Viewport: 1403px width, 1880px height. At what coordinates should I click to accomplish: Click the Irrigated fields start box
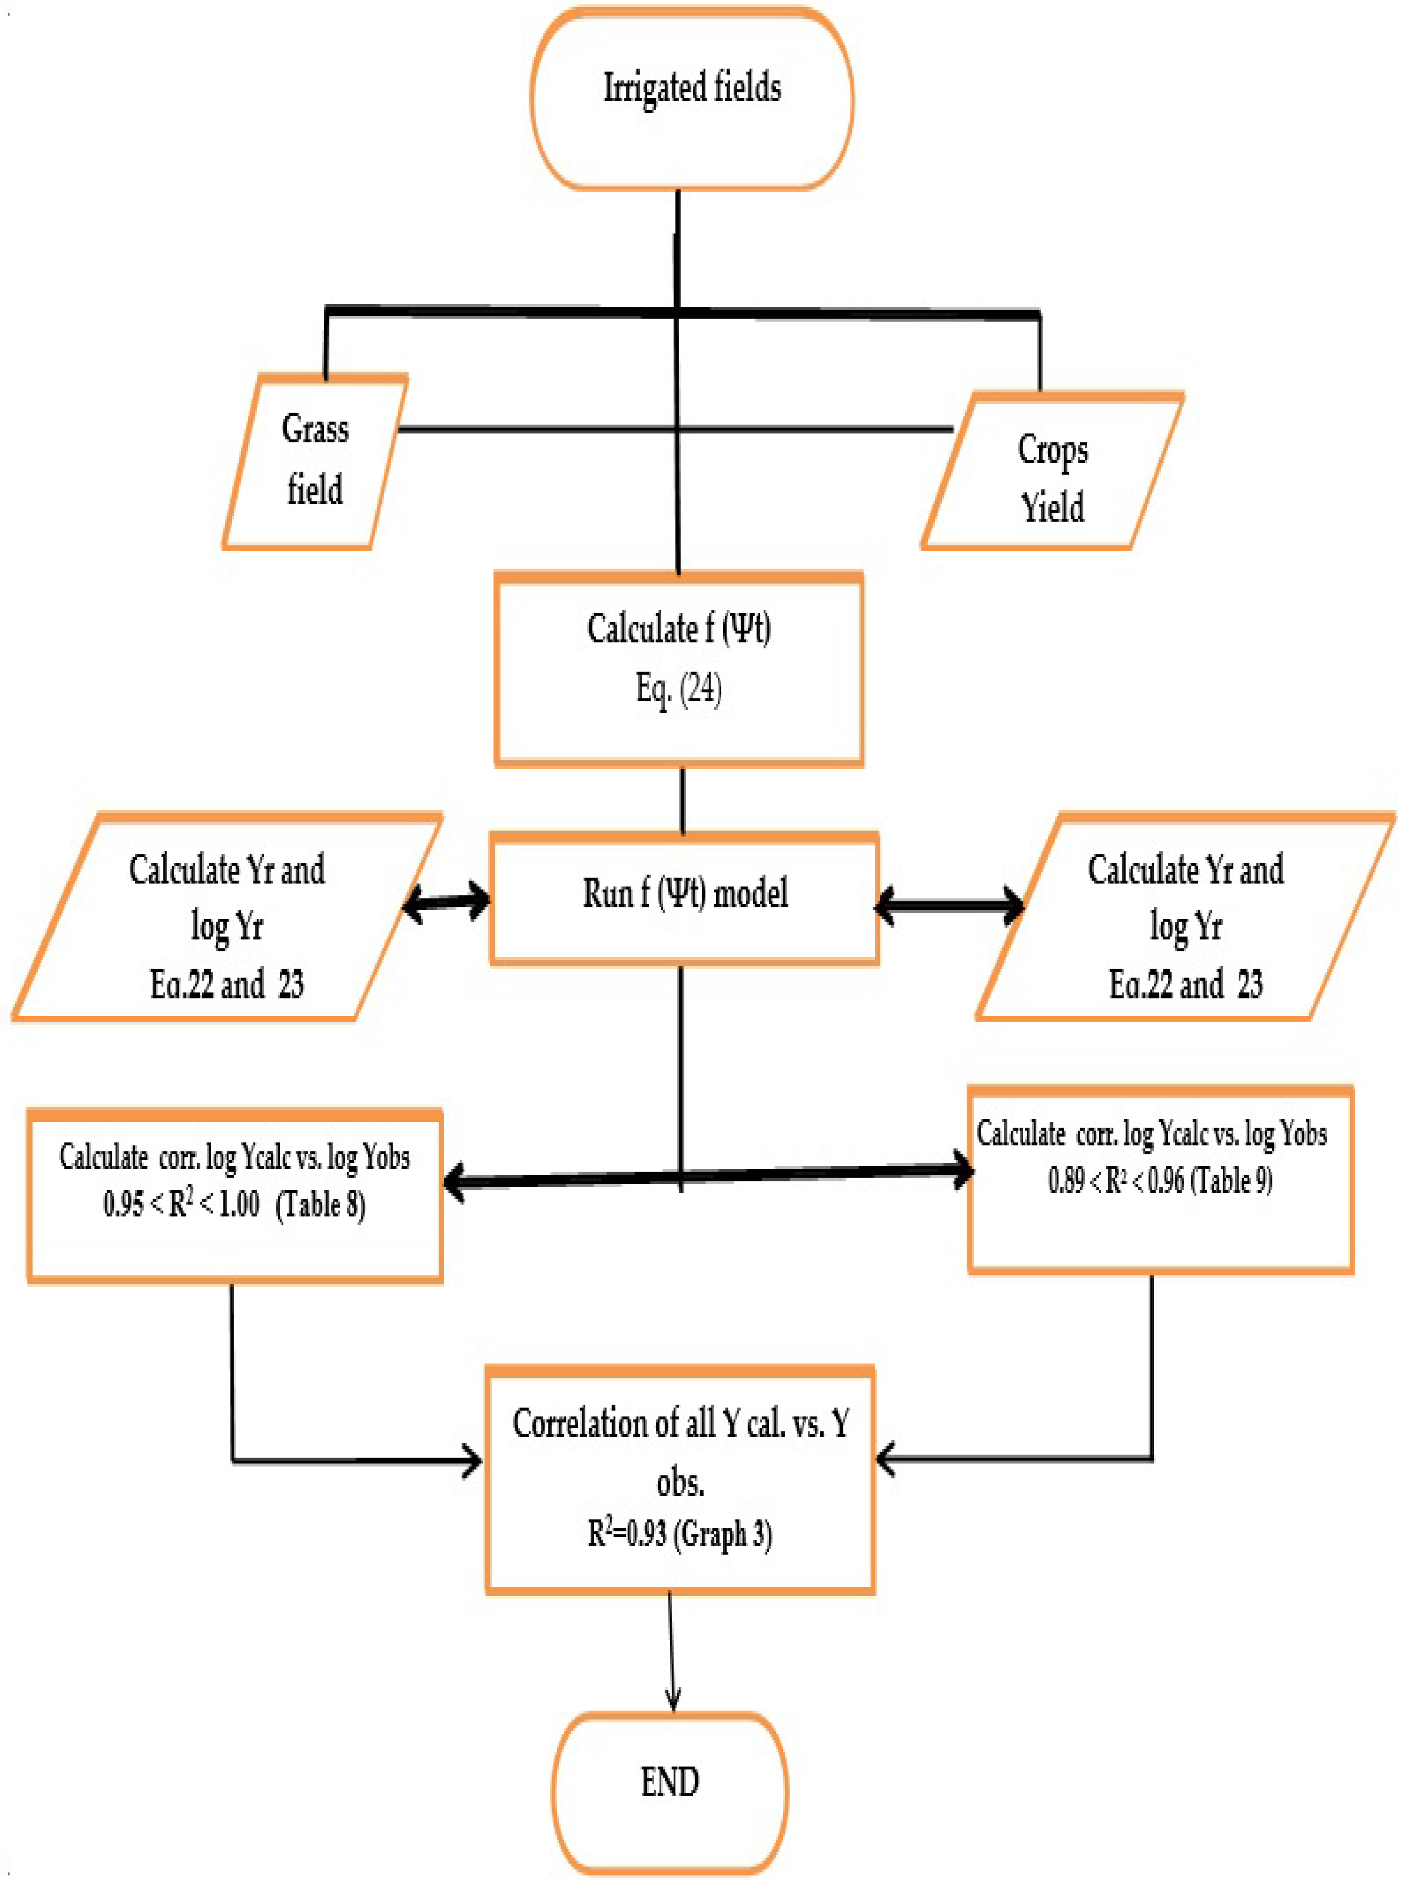pyautogui.click(x=692, y=98)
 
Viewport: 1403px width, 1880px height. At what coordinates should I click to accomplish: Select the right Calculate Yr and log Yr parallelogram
pyautogui.click(x=1185, y=917)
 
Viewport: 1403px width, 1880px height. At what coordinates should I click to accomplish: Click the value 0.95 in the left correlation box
pyautogui.click(x=123, y=1204)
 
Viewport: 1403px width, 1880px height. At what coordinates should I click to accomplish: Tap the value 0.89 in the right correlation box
pyautogui.click(x=1066, y=1180)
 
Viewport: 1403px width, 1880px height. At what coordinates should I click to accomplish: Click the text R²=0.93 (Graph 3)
pyautogui.click(x=680, y=1534)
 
